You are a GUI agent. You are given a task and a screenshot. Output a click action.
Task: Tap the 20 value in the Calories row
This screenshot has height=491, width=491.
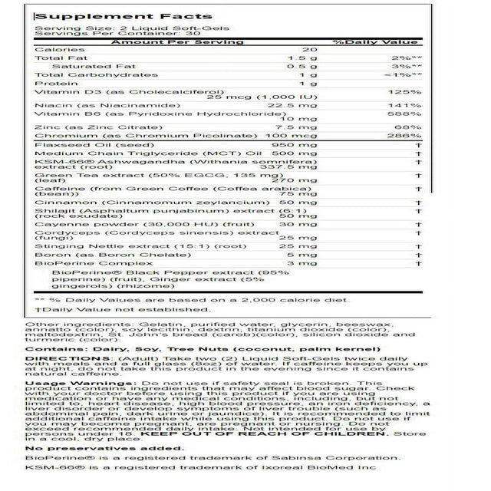[308, 50]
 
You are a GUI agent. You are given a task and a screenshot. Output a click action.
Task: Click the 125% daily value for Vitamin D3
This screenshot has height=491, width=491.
[411, 92]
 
